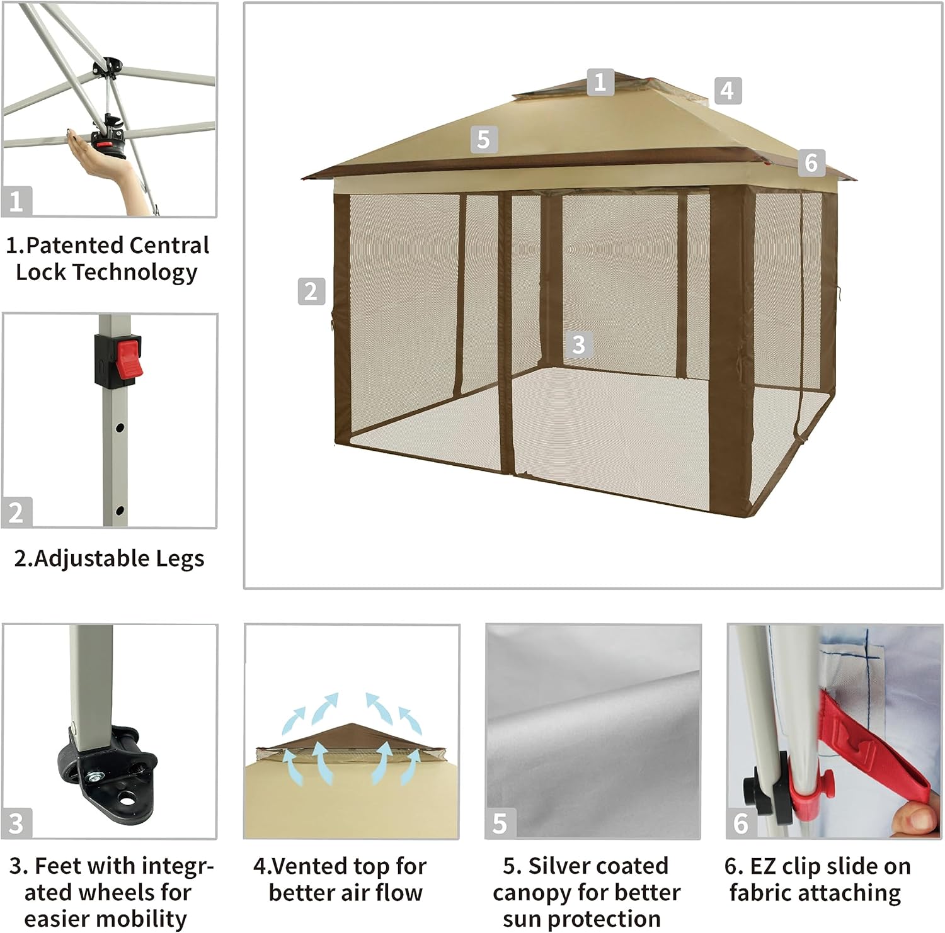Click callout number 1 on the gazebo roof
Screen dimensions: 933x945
[600, 82]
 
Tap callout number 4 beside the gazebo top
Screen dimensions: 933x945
[728, 91]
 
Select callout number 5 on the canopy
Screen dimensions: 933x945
[483, 139]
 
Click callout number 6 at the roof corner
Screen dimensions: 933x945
[811, 162]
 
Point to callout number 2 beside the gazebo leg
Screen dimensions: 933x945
[311, 291]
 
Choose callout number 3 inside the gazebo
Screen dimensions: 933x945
[578, 344]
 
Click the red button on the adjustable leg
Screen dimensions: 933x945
[129, 359]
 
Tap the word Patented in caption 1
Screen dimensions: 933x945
[74, 246]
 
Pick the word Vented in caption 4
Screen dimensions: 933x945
[306, 866]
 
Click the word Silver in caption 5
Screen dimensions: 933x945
[561, 866]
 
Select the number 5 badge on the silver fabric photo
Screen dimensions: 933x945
[500, 823]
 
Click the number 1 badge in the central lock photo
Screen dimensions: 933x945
[16, 201]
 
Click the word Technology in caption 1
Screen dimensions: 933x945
[134, 272]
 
